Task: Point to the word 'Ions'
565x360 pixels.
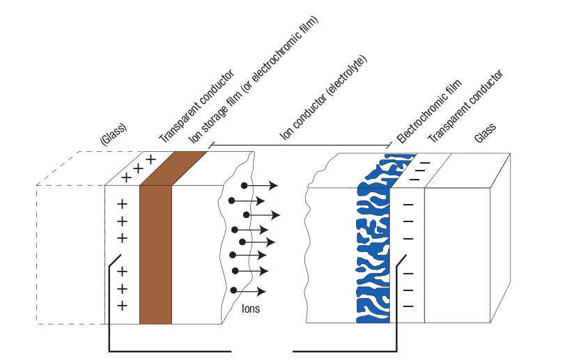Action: (251, 307)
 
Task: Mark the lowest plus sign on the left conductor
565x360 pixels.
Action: (123, 306)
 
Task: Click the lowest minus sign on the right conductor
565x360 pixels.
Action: (408, 305)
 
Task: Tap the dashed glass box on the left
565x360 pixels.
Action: (70, 254)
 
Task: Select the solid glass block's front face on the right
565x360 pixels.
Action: (457, 254)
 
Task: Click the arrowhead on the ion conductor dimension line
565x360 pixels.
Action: (212, 146)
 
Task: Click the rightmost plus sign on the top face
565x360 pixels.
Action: (150, 159)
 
